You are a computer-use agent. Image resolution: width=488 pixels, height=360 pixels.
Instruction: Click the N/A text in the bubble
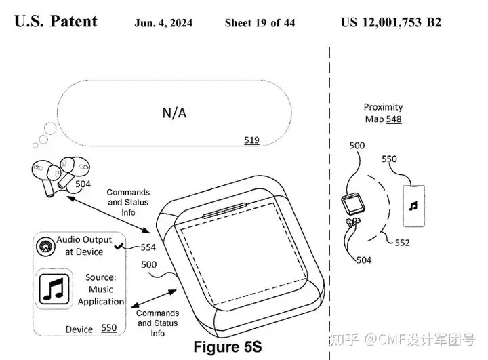click(174, 113)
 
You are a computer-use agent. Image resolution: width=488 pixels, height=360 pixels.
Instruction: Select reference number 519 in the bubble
click(251, 140)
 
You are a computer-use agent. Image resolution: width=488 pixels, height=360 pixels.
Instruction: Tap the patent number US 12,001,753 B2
click(391, 22)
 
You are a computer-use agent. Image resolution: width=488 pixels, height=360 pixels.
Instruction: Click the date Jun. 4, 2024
click(163, 23)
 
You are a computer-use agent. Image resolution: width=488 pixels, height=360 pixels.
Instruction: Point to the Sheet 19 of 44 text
click(260, 23)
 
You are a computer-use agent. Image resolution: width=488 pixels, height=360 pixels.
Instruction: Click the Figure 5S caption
click(228, 346)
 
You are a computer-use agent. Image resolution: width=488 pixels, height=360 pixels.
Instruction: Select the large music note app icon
click(54, 289)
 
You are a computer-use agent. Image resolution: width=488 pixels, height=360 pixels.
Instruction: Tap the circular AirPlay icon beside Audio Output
click(46, 246)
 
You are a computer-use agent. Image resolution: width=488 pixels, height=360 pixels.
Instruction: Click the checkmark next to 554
click(119, 246)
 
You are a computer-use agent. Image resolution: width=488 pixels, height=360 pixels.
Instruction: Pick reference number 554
click(148, 247)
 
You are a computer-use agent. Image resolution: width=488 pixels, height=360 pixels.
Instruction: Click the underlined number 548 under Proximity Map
click(394, 119)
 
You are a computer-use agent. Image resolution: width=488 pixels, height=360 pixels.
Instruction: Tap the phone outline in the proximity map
click(413, 206)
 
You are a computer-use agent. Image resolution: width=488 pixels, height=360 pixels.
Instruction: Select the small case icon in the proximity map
click(353, 204)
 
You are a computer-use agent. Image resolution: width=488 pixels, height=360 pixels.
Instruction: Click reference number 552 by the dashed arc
click(402, 243)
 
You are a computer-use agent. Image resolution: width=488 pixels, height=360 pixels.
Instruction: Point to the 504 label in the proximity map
click(364, 260)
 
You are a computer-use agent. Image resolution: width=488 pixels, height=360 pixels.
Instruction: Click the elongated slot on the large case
click(224, 211)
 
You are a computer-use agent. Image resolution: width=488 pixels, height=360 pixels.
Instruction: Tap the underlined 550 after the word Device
click(109, 328)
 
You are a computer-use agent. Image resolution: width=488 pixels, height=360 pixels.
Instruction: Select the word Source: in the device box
click(100, 277)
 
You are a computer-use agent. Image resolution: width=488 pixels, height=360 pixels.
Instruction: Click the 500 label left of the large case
click(148, 264)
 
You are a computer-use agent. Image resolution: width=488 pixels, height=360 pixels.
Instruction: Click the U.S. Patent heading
click(56, 21)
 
